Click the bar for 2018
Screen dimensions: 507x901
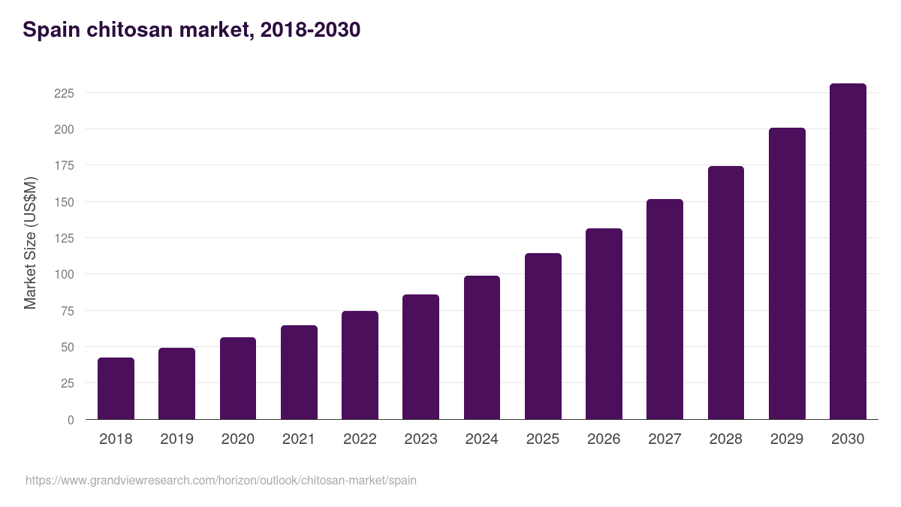pyautogui.click(x=116, y=388)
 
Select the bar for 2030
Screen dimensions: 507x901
pyautogui.click(x=848, y=252)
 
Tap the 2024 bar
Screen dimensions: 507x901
pyautogui.click(x=482, y=348)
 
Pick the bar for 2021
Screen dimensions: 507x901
pyautogui.click(x=299, y=373)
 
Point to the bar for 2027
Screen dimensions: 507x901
pyautogui.click(x=664, y=309)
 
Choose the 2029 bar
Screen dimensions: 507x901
pyautogui.click(x=787, y=273)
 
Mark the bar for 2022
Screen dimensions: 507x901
pyautogui.click(x=360, y=365)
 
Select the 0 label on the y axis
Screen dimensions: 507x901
pyautogui.click(x=71, y=420)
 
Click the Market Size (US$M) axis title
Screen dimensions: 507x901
pyautogui.click(x=30, y=243)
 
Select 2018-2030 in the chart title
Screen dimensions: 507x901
pyautogui.click(x=310, y=31)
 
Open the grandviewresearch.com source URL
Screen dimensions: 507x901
pyautogui.click(x=221, y=480)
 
